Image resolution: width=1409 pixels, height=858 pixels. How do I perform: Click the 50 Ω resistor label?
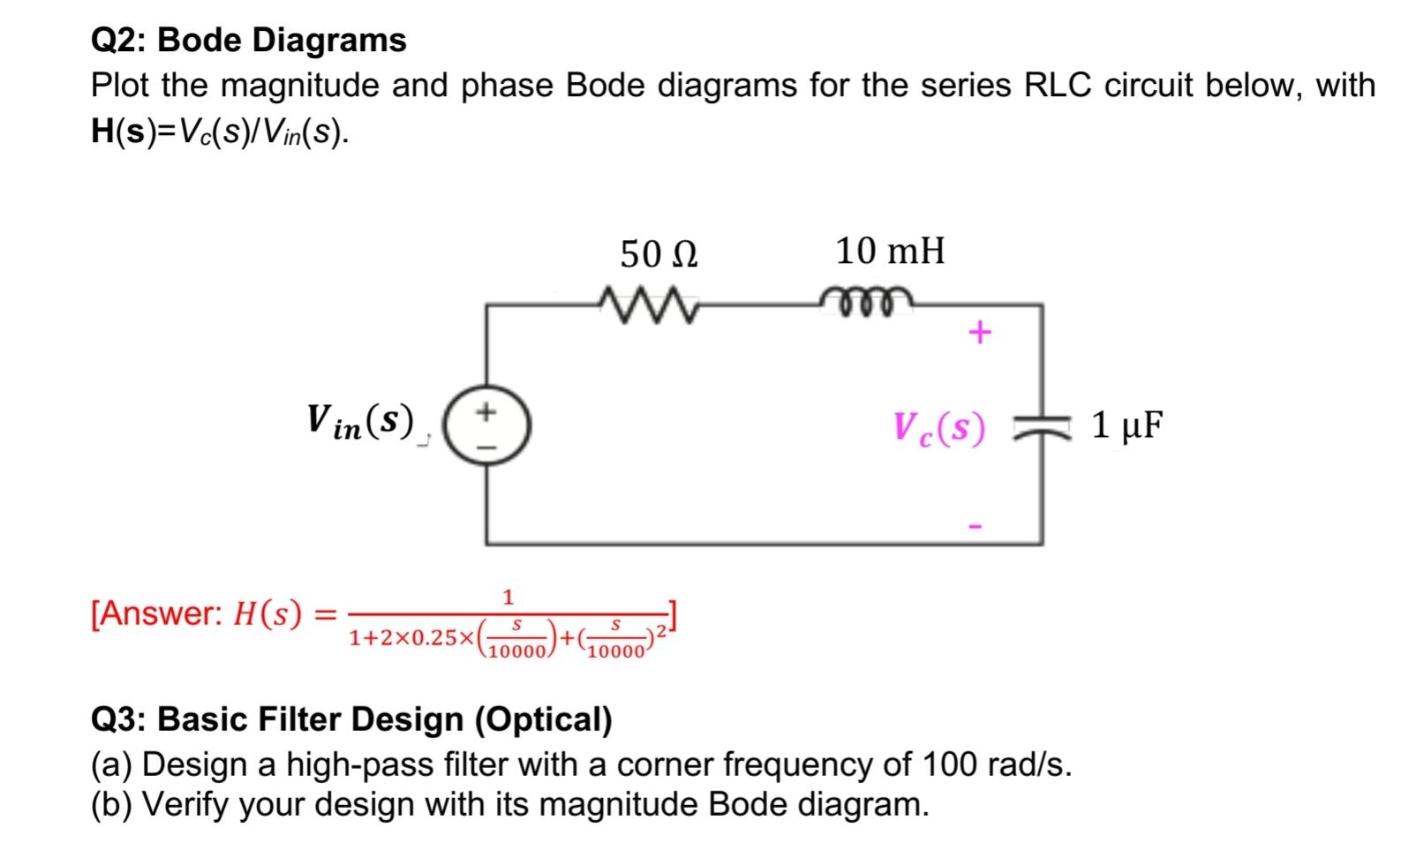point(659,255)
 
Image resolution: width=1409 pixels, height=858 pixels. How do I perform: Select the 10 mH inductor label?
point(890,252)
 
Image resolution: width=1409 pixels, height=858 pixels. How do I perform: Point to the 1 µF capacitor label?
point(1127,426)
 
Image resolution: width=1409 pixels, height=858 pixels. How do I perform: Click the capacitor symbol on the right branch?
point(1042,428)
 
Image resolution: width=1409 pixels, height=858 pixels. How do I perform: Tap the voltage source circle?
point(486,427)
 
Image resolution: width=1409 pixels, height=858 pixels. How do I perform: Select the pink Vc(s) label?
point(938,429)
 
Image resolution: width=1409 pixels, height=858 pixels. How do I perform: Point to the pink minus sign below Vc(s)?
point(976,527)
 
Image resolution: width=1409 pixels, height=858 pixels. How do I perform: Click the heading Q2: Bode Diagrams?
point(249,40)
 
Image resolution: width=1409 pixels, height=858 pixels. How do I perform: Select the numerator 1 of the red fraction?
point(508,597)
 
